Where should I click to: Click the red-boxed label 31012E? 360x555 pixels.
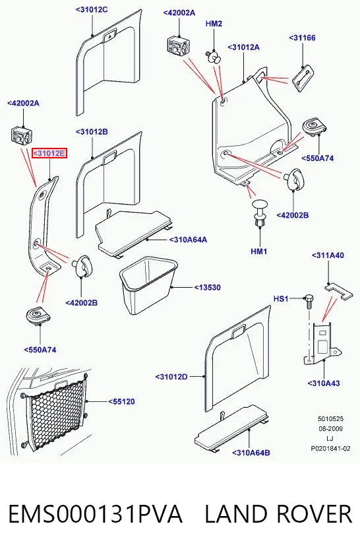pyautogui.click(x=49, y=153)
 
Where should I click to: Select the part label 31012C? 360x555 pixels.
pyautogui.click(x=92, y=9)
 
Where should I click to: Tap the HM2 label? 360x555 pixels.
pyautogui.click(x=214, y=24)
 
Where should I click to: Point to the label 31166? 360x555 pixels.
pyautogui.click(x=303, y=38)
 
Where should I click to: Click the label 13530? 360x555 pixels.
pyautogui.click(x=207, y=288)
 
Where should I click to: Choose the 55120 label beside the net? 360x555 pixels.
pyautogui.click(x=121, y=401)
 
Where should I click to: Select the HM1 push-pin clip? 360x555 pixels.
pyautogui.click(x=259, y=213)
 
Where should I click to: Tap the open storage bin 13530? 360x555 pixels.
pyautogui.click(x=148, y=285)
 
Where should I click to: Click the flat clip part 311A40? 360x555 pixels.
pyautogui.click(x=339, y=290)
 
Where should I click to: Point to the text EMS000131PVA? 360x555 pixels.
pyautogui.click(x=95, y=514)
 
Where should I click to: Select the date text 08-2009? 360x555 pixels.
pyautogui.click(x=330, y=429)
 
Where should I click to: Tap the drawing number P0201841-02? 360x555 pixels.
pyautogui.click(x=330, y=449)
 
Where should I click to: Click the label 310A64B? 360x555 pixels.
pyautogui.click(x=251, y=453)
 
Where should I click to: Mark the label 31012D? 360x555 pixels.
pyautogui.click(x=171, y=377)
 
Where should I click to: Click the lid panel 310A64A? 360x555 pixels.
pyautogui.click(x=135, y=232)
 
